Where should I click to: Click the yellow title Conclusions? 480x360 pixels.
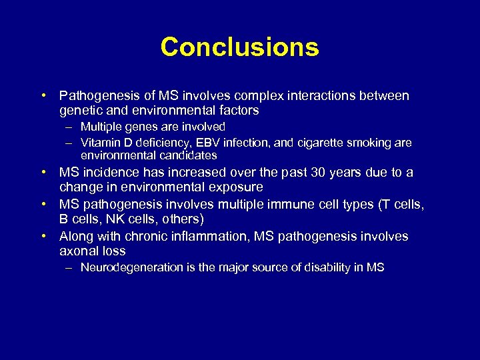point(240,47)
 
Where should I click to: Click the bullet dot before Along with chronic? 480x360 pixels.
point(43,236)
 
